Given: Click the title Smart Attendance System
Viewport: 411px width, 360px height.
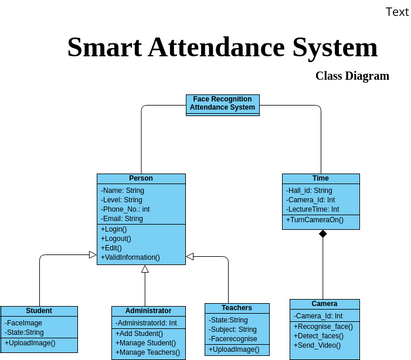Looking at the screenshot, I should pos(222,47).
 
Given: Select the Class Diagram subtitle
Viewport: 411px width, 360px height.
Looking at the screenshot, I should pos(352,76).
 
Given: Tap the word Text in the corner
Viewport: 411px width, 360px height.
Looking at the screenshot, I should pos(395,11).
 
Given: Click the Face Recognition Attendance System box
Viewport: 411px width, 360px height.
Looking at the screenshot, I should pos(222,103).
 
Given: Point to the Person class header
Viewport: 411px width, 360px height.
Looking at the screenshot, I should pos(141,178).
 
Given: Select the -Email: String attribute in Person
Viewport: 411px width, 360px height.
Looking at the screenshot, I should pos(122,218).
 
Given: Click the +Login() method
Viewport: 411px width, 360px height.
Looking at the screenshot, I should pos(116,229).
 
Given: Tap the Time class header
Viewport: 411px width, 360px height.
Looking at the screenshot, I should pos(320,178).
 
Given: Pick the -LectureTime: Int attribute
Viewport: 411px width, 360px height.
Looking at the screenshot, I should pos(316,208).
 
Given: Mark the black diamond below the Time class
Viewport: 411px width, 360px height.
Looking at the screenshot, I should pos(322,233).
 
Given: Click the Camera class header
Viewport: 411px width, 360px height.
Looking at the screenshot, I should pos(324,303).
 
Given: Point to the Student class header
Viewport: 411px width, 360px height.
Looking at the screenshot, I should pos(39,311).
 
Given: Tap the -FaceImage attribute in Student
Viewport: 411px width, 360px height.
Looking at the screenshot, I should pos(24,323).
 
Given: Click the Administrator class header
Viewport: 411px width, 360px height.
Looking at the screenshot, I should pos(148,311).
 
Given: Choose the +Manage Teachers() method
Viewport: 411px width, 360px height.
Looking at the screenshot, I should pos(147,352).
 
